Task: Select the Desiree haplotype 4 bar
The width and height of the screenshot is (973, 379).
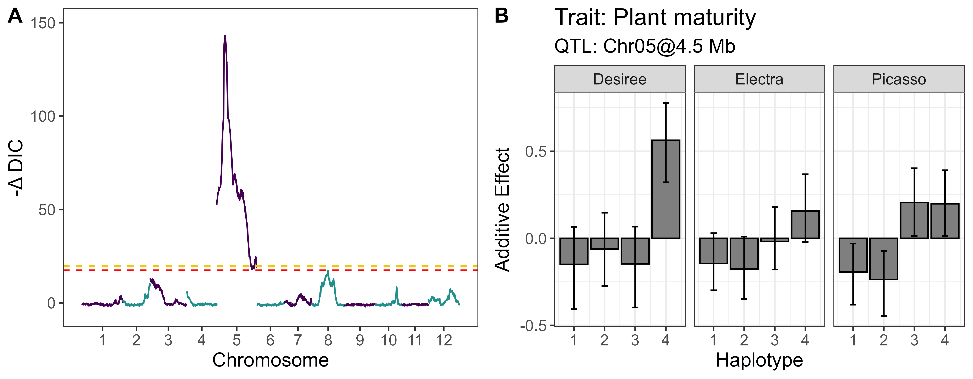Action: click(666, 189)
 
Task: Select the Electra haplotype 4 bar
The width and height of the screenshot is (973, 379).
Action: click(805, 225)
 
